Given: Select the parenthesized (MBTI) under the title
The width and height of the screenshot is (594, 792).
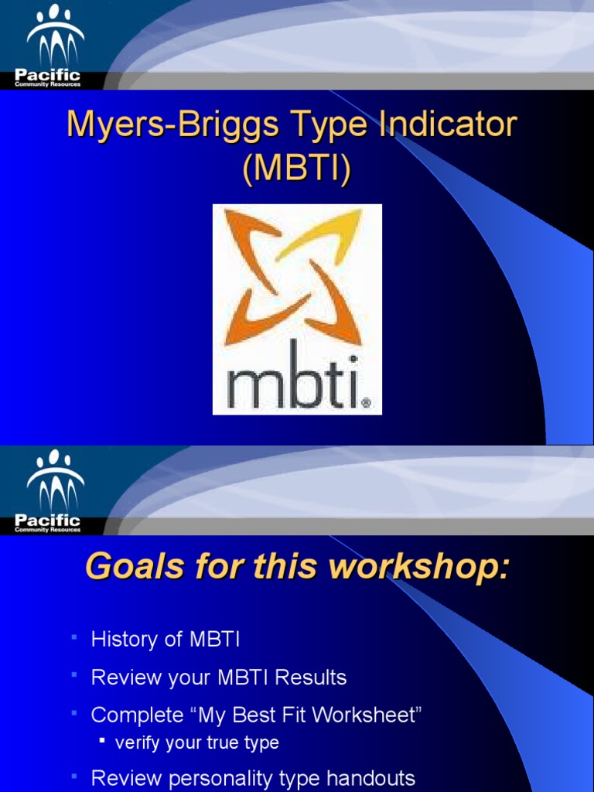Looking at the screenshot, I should (297, 169).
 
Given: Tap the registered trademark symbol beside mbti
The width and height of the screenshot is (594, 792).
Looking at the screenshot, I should (366, 403).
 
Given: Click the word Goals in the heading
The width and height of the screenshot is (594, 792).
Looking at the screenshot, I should (125, 568).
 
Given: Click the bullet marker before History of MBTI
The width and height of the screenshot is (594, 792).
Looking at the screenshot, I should (74, 637).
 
